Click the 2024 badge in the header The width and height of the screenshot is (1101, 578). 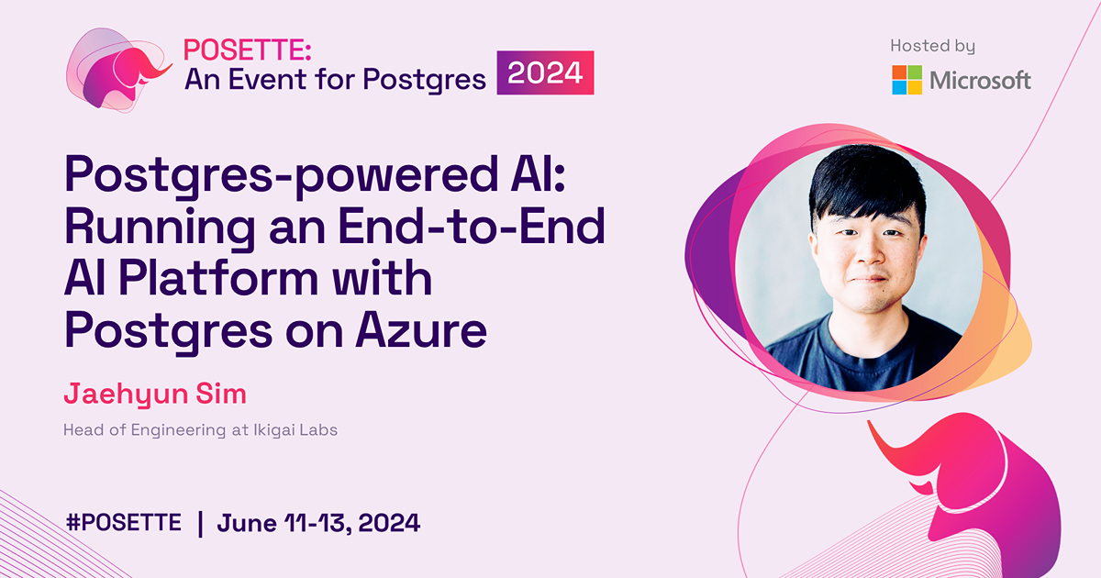(x=546, y=73)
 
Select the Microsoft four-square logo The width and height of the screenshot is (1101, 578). (x=907, y=80)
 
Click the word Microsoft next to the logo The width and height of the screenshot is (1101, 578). (x=980, y=81)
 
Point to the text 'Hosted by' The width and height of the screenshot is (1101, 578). (x=932, y=46)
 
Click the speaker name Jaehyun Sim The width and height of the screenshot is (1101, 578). (x=155, y=395)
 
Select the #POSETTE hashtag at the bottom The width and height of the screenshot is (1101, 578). (x=124, y=523)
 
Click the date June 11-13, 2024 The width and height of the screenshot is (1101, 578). (x=318, y=523)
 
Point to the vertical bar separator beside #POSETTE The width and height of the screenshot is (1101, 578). (x=200, y=523)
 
